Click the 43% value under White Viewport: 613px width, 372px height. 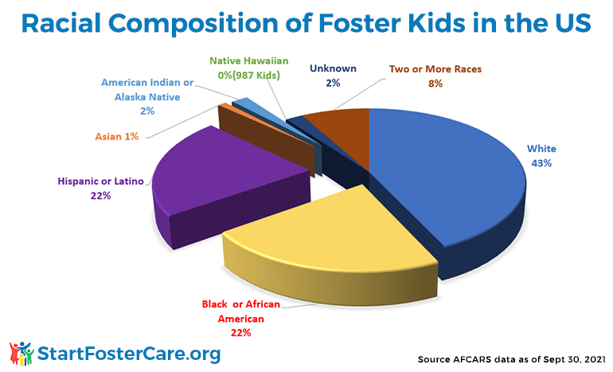pyautogui.click(x=541, y=163)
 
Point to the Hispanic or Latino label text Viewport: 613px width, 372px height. pyautogui.click(x=100, y=181)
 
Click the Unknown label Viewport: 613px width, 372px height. pyautogui.click(x=333, y=69)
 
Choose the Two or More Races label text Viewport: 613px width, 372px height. pyautogui.click(x=435, y=69)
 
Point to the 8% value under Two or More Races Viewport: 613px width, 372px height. pyautogui.click(x=435, y=84)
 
